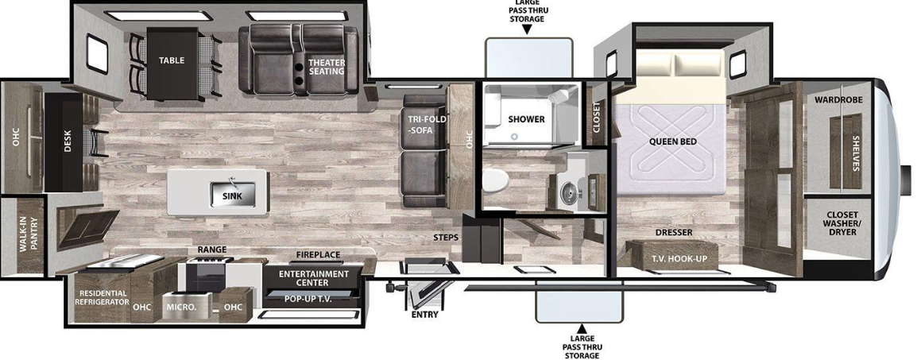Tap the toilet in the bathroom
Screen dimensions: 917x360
tap(495, 179)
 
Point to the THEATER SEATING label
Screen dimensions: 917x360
tap(327, 67)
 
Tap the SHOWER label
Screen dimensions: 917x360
tap(526, 119)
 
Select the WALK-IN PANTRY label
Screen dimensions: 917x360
tap(28, 235)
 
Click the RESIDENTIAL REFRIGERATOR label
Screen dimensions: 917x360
tap(102, 297)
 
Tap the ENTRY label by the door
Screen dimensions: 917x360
tap(424, 315)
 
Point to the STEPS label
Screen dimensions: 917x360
tap(446, 238)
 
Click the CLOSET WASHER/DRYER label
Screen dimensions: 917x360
tap(838, 223)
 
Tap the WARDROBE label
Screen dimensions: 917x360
tap(838, 100)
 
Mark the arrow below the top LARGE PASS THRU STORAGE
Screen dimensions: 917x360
tap(528, 29)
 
